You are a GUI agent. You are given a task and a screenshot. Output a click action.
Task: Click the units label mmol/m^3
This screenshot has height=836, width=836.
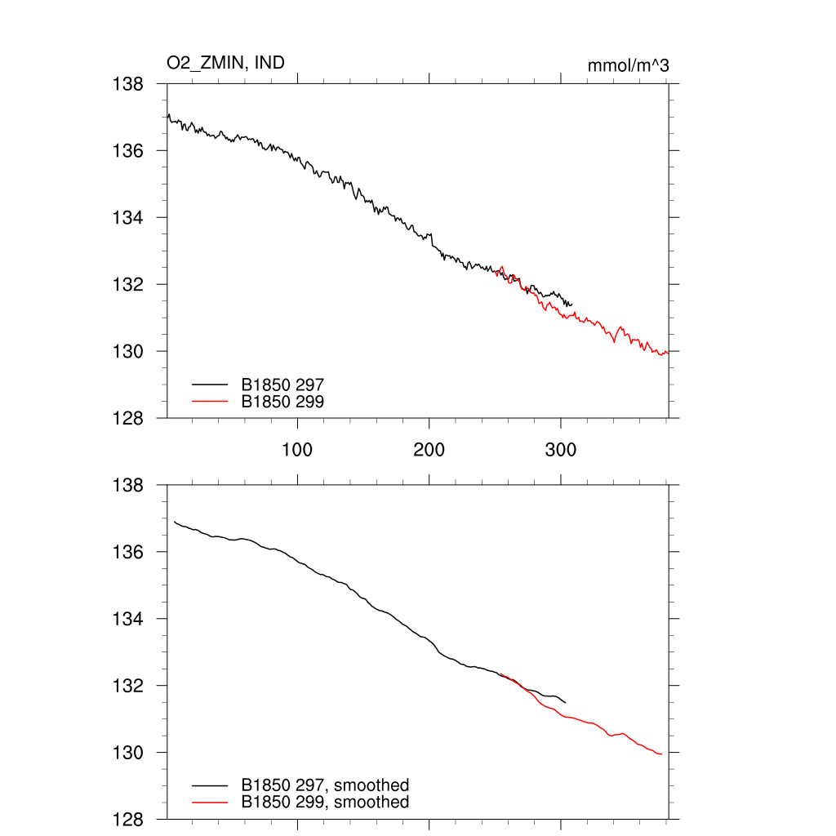pyautogui.click(x=628, y=65)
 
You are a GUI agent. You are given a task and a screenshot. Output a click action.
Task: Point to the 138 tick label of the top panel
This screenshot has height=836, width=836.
pyautogui.click(x=128, y=84)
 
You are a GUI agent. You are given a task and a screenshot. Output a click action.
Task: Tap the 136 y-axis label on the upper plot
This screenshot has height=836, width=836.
pyautogui.click(x=128, y=151)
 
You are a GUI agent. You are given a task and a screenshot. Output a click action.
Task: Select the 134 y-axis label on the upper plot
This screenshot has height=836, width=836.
pyautogui.click(x=128, y=218)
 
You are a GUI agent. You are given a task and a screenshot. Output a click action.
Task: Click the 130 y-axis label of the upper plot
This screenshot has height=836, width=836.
pyautogui.click(x=128, y=351)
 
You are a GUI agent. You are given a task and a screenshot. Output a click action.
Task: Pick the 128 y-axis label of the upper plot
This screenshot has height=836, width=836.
pyautogui.click(x=128, y=418)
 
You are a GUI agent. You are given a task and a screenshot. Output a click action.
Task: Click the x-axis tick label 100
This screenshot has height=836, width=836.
pyautogui.click(x=297, y=450)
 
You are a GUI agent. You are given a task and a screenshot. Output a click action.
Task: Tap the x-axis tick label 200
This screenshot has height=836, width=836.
pyautogui.click(x=429, y=450)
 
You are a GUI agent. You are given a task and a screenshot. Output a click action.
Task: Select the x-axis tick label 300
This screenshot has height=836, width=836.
pyautogui.click(x=561, y=450)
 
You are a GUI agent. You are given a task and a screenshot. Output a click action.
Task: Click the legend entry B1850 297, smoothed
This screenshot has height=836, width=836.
pyautogui.click(x=325, y=785)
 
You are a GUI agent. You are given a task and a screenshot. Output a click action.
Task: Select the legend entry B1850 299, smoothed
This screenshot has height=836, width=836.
pyautogui.click(x=325, y=803)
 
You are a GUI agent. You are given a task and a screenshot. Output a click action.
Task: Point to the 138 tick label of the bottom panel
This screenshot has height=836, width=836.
pyautogui.click(x=128, y=485)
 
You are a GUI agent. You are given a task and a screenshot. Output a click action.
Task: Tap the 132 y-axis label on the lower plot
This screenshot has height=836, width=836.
pyautogui.click(x=128, y=686)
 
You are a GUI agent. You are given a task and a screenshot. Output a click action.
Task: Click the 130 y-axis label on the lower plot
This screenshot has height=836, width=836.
pyautogui.click(x=128, y=752)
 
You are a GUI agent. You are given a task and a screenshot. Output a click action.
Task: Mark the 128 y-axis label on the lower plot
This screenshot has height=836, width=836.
pyautogui.click(x=128, y=819)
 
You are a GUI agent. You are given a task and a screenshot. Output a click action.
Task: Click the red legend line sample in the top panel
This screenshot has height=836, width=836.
pyautogui.click(x=210, y=401)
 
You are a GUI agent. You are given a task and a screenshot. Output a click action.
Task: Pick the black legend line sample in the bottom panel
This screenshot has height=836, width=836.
pyautogui.click(x=210, y=785)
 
